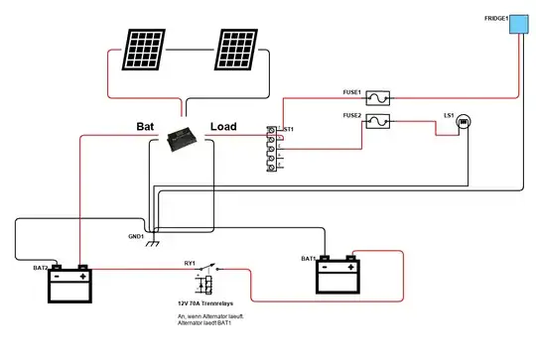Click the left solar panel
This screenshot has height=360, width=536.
click(145, 48)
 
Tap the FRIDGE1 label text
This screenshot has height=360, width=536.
click(496, 18)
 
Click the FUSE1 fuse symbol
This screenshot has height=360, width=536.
click(378, 97)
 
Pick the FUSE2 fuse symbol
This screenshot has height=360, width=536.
click(378, 122)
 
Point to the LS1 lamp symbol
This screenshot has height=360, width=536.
click(464, 121)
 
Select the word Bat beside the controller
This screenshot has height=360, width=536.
click(147, 127)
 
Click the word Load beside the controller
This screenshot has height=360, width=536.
click(223, 127)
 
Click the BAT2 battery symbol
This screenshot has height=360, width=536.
click(69, 285)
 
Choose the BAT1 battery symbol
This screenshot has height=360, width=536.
click(335, 277)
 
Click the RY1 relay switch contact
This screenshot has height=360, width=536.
click(220, 268)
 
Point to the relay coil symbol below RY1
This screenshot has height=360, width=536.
click(203, 286)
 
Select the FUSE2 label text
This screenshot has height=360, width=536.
click(352, 115)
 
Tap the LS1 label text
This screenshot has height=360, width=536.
click(448, 115)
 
